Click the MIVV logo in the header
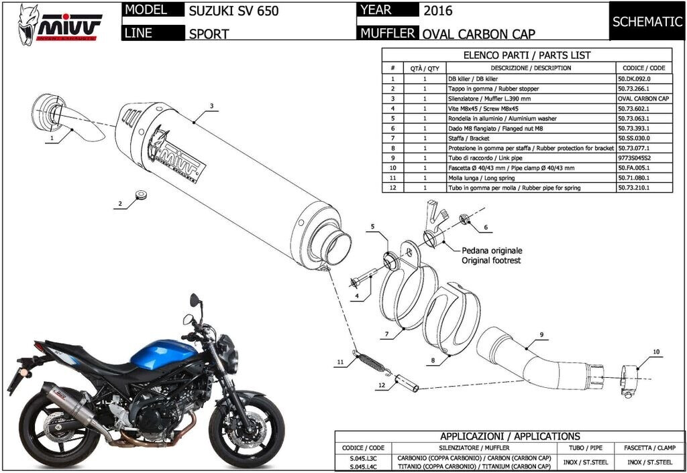coord(60,23)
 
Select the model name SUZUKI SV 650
coord(233,11)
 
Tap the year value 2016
coord(438,10)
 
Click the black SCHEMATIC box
coord(647,21)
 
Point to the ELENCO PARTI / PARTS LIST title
coord(527,56)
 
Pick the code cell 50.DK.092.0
coord(634,78)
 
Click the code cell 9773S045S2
coord(634,158)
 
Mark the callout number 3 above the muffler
coord(211,106)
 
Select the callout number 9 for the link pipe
coord(540,333)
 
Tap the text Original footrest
coord(490,260)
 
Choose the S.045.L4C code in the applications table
coord(364,462)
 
